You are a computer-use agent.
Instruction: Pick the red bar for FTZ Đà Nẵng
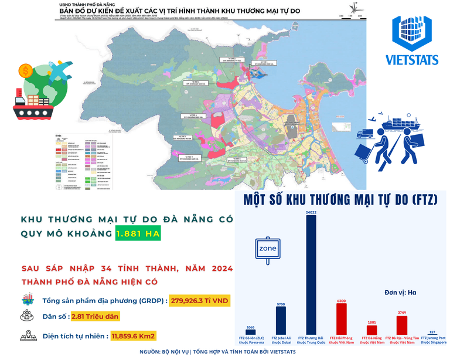[x=371, y=330]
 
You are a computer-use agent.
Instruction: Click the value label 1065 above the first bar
[x=251, y=327]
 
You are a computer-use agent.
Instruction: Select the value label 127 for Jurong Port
[x=432, y=332]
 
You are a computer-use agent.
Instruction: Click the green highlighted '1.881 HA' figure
[x=138, y=233]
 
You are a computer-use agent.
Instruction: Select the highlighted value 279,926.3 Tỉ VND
[x=200, y=301]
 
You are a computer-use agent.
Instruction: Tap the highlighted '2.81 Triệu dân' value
[x=96, y=318]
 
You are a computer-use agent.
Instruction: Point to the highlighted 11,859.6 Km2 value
[x=132, y=337]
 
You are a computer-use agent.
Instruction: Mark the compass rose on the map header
[x=354, y=8]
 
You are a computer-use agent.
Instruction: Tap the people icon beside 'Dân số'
[x=26, y=317]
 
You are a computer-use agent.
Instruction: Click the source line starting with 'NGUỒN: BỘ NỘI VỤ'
[x=218, y=352]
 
